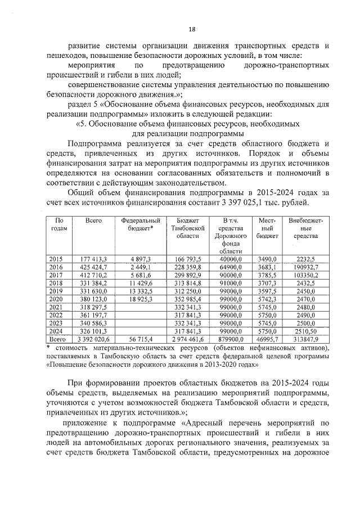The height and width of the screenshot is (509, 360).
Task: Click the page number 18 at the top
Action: click(x=191, y=29)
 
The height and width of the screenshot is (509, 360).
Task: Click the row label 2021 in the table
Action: click(x=56, y=308)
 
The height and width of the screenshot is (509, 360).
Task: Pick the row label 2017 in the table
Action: click(x=56, y=275)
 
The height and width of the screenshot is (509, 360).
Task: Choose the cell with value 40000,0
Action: click(x=231, y=259)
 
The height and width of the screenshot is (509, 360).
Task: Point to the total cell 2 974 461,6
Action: click(x=188, y=340)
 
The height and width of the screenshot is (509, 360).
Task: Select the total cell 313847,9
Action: click(x=304, y=340)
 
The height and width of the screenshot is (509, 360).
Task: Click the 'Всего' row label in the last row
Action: click(x=56, y=340)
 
